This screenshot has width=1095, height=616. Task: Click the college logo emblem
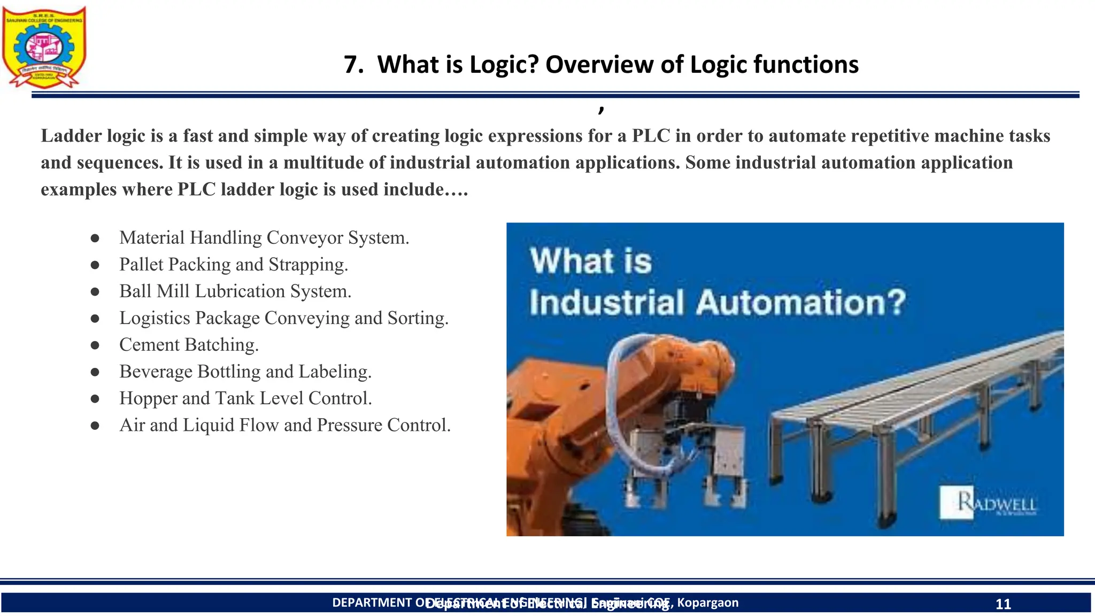click(44, 47)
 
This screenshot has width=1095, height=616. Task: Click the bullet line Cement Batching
click(189, 345)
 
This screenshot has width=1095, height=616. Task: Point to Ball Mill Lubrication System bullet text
click(235, 291)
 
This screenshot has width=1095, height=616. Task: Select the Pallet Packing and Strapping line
click(234, 265)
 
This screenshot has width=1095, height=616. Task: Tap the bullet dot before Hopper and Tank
click(95, 398)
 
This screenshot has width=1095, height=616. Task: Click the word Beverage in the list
click(156, 372)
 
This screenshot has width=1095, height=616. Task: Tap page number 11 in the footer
click(1003, 604)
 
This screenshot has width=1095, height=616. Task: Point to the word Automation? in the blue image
click(800, 303)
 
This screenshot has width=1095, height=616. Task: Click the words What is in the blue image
click(591, 261)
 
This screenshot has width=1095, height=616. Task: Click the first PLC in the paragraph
click(651, 136)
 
